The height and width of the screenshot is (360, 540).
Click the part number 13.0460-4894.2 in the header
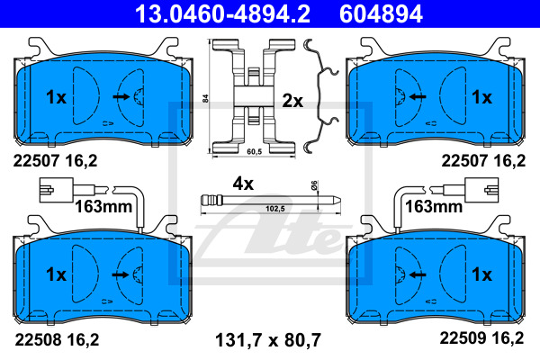(x=222, y=13)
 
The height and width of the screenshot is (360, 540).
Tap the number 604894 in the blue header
(x=381, y=13)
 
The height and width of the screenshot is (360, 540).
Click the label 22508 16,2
(x=57, y=339)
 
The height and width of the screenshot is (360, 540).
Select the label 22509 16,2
(x=481, y=338)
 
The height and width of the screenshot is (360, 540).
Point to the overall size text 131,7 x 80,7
(x=268, y=340)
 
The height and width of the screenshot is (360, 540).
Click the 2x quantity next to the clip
(x=292, y=101)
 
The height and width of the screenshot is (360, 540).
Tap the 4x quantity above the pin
(x=243, y=184)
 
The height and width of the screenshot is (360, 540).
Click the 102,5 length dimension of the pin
(x=275, y=209)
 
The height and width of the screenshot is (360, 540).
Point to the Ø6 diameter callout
(x=314, y=185)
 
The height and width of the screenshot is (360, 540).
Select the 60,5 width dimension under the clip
(x=254, y=151)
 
